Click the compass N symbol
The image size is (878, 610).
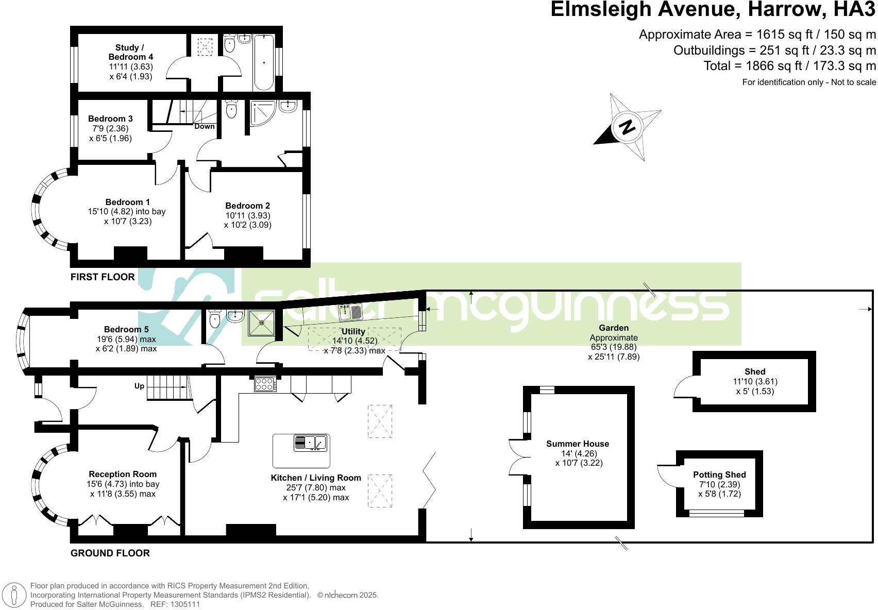point(627,127)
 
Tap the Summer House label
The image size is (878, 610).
point(577,444)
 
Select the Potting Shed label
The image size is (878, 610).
point(719,475)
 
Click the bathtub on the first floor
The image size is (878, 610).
point(264,62)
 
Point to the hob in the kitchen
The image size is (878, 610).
point(265,384)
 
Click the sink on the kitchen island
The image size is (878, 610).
point(311,443)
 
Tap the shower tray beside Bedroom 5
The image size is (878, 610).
point(262,323)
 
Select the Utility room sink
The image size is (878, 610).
point(351,312)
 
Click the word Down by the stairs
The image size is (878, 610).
point(204,126)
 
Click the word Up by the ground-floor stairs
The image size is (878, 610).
point(139,386)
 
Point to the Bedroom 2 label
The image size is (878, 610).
point(247,206)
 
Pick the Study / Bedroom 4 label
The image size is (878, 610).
point(130,52)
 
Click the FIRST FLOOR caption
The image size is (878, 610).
point(103,277)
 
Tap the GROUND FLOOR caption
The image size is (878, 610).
point(110,553)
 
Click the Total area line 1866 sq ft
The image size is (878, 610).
point(789,66)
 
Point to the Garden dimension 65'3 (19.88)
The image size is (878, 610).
point(613,347)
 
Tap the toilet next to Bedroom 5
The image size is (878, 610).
point(215,319)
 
